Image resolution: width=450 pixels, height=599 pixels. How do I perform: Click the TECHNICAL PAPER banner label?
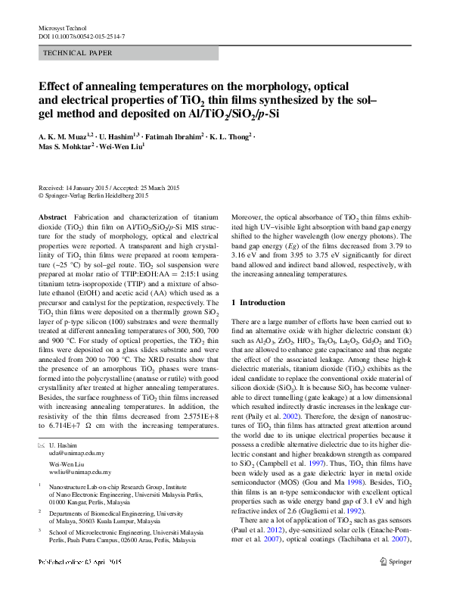point(78,53)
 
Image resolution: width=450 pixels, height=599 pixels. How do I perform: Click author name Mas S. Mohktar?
point(64,147)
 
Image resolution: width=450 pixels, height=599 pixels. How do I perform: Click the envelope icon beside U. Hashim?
point(42,442)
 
